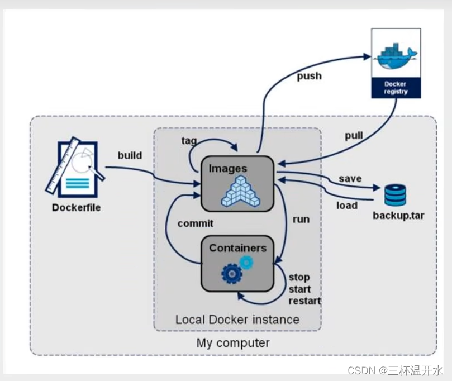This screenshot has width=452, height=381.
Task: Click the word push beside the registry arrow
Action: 310,76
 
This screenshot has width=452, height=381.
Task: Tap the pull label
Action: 354,135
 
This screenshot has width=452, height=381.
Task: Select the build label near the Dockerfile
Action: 130,155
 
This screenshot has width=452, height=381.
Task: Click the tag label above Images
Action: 189,141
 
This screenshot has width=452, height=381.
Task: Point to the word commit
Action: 196,223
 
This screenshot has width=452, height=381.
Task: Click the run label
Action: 301,220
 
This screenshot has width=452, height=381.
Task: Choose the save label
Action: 350,179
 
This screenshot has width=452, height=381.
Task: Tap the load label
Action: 347,206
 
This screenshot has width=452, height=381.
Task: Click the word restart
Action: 304,301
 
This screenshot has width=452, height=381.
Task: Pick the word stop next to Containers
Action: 299,278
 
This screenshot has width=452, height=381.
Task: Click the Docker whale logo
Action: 396,56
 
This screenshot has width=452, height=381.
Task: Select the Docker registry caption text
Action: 396,88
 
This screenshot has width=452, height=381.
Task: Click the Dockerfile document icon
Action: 75,168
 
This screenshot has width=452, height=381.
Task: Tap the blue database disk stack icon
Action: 395,195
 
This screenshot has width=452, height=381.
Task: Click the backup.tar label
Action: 398,216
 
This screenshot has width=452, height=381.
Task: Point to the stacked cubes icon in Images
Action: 240,192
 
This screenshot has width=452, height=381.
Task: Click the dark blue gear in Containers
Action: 232,274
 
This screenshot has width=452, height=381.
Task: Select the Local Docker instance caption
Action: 237,320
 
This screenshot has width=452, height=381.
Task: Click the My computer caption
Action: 233,343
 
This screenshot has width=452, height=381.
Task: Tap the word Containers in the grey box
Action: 238,248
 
